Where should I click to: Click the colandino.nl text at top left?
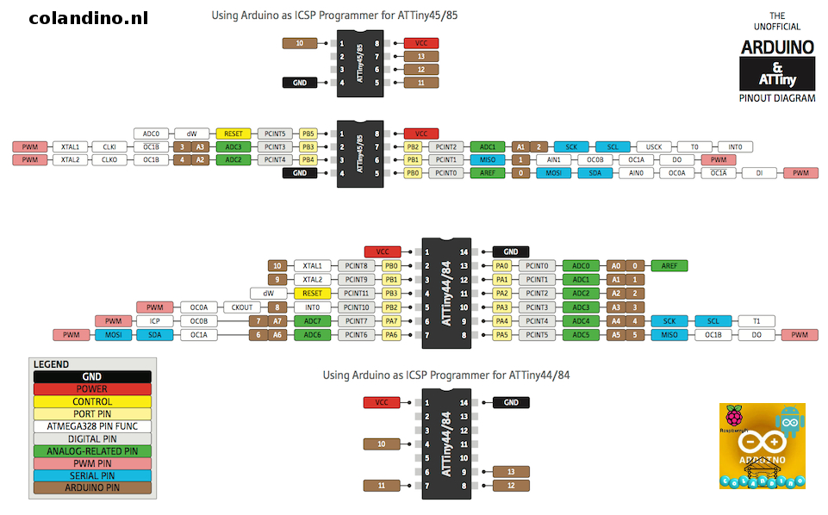click(x=89, y=18)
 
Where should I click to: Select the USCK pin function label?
click(x=653, y=146)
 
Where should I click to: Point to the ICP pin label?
click(x=154, y=321)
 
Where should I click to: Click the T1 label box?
click(x=756, y=321)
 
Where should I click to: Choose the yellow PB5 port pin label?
click(x=308, y=133)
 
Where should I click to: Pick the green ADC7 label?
click(x=313, y=321)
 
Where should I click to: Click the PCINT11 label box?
click(x=356, y=294)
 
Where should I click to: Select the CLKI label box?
click(x=109, y=146)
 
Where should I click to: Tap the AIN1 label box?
click(x=553, y=159)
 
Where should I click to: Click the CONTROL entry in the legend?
click(x=92, y=401)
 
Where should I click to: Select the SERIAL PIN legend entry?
click(x=92, y=475)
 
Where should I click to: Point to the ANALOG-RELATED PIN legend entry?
click(x=92, y=450)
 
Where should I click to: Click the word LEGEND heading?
click(x=52, y=364)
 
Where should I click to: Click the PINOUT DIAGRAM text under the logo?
click(x=777, y=98)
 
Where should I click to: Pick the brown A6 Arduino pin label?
click(x=277, y=335)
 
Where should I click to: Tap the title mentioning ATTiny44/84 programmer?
click(x=446, y=375)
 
